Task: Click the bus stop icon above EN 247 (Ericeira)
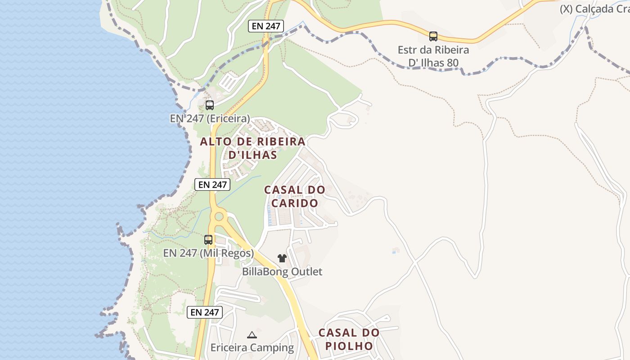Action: [x=210, y=105]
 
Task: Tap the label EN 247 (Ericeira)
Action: [x=210, y=119]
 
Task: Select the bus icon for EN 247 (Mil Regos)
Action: [x=208, y=240]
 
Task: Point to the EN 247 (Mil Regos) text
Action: [x=208, y=253]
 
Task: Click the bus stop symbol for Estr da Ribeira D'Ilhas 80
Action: [x=433, y=36]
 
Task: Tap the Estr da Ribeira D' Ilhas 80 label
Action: [x=433, y=56]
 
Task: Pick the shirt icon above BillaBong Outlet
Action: [x=282, y=258]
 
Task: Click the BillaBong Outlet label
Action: [x=282, y=272]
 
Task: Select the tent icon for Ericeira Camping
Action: [x=252, y=335]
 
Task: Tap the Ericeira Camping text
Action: [x=252, y=348]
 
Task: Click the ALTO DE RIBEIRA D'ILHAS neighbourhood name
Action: [x=252, y=148]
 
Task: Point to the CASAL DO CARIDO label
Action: [x=294, y=196]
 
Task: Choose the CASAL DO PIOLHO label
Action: [x=349, y=339]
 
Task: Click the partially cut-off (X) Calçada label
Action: [x=594, y=9]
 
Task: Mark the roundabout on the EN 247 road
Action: [x=219, y=216]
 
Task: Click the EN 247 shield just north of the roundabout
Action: [x=212, y=184]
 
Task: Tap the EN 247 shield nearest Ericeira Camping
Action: [x=205, y=312]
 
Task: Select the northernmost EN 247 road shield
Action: [x=266, y=26]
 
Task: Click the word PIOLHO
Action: [x=349, y=346]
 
